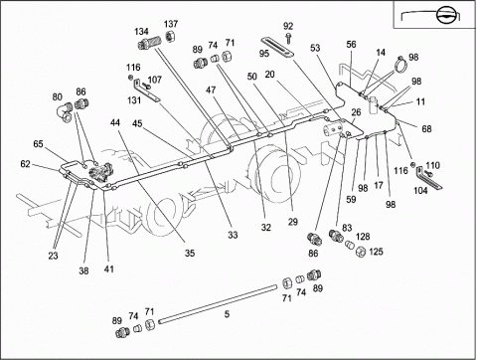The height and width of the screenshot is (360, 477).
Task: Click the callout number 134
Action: pyautogui.click(x=141, y=32)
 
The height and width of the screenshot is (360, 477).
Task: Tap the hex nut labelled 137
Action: pyautogui.click(x=170, y=36)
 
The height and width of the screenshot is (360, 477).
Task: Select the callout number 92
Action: pyautogui.click(x=288, y=26)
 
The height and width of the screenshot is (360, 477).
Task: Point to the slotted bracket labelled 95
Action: pyautogui.click(x=278, y=48)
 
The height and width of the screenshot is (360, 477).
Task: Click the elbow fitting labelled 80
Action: pyautogui.click(x=66, y=111)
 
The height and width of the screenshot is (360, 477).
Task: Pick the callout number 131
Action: pyautogui.click(x=134, y=100)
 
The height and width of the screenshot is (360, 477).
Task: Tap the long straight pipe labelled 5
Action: pyautogui.click(x=218, y=304)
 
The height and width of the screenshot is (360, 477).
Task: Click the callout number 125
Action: pyautogui.click(x=376, y=252)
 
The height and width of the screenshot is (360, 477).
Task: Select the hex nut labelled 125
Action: pyautogui.click(x=360, y=252)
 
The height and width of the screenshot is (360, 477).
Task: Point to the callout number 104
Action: pyautogui.click(x=420, y=191)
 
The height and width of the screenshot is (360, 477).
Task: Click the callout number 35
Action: pyautogui.click(x=190, y=254)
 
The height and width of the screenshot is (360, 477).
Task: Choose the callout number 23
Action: pyautogui.click(x=53, y=256)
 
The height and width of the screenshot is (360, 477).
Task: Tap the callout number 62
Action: pyautogui.click(x=25, y=164)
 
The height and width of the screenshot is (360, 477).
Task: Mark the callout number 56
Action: pyautogui.click(x=351, y=44)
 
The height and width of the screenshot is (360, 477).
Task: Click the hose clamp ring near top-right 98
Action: pyautogui.click(x=401, y=65)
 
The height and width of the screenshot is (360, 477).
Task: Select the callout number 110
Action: pyautogui.click(x=432, y=165)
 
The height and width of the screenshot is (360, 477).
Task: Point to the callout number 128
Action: pyautogui.click(x=363, y=237)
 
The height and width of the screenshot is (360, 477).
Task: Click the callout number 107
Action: pyautogui.click(x=154, y=80)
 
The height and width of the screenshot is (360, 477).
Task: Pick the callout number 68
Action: pyautogui.click(x=426, y=129)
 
